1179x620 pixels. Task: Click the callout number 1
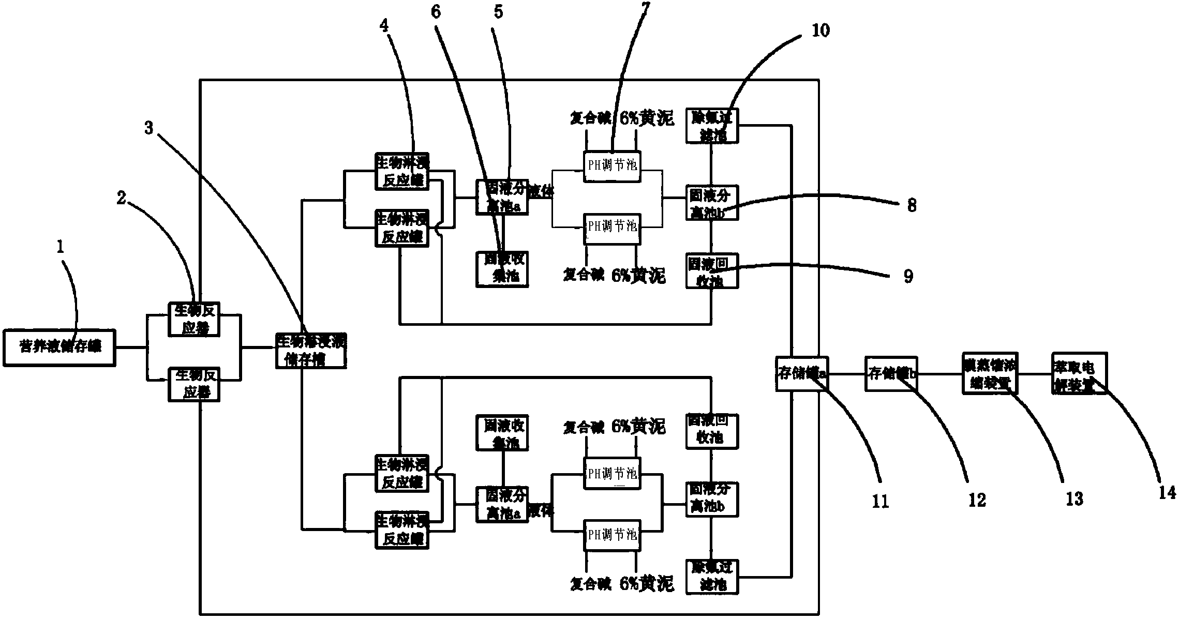tap(61, 247)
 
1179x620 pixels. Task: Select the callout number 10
tap(820, 30)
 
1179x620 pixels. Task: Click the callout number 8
tap(912, 205)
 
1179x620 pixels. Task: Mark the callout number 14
tap(1167, 492)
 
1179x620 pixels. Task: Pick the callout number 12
tap(977, 500)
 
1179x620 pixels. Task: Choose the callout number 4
tap(384, 25)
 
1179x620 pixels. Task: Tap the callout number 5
tap(498, 11)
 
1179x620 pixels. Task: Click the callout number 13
tap(1074, 498)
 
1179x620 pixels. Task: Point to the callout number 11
tap(880, 500)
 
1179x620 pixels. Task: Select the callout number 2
tap(121, 198)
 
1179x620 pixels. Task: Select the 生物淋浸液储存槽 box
tap(311, 350)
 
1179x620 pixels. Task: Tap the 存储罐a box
tap(801, 373)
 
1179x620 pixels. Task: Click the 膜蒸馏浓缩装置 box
tap(989, 373)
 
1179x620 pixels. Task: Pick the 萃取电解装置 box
tap(1079, 373)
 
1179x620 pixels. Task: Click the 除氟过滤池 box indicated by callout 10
tap(712, 126)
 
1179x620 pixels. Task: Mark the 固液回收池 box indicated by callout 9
tap(712, 270)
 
